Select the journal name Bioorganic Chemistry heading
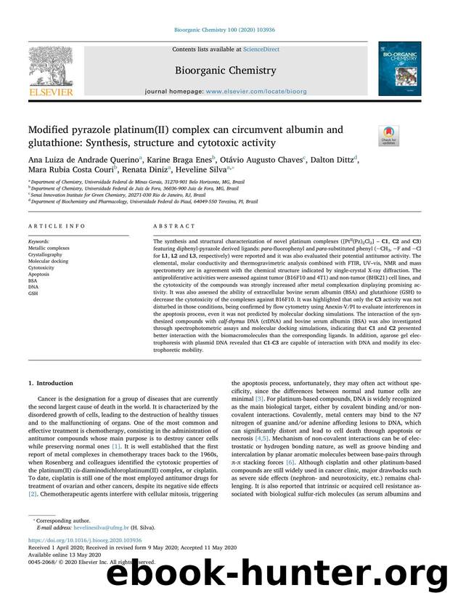pyautogui.click(x=224, y=70)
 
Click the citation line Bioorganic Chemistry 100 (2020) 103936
pyautogui.click(x=224, y=31)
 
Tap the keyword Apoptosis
pyautogui.click(x=40, y=273)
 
